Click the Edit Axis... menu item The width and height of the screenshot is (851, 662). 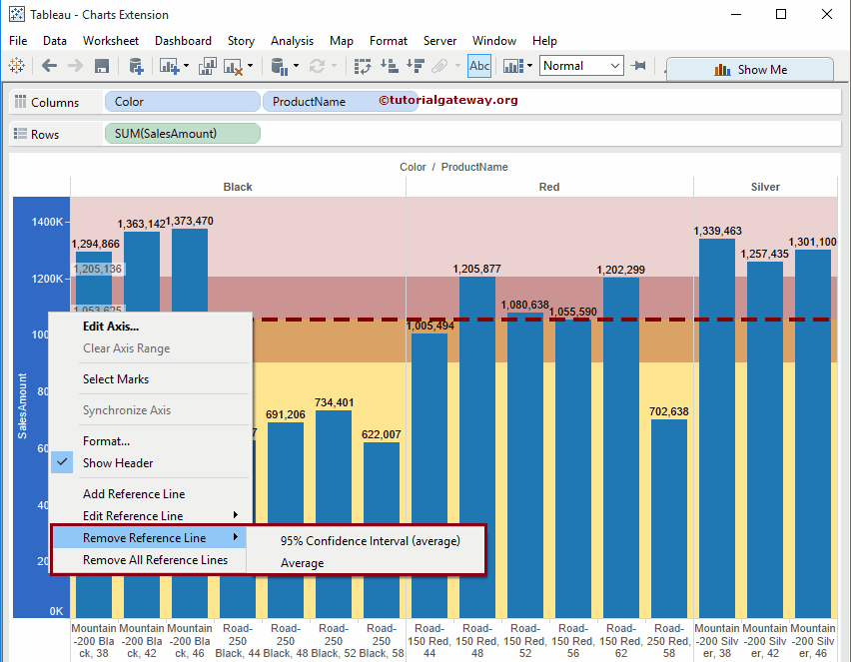(111, 326)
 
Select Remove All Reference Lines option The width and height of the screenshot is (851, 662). (155, 560)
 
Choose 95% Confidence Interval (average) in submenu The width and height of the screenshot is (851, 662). (370, 540)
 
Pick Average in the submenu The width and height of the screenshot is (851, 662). (302, 563)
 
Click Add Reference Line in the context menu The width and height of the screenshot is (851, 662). (134, 494)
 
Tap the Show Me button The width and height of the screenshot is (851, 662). (750, 70)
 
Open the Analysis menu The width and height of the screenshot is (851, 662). (292, 41)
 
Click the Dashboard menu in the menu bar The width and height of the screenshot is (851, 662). (183, 41)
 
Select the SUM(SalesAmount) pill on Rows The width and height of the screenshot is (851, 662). (181, 134)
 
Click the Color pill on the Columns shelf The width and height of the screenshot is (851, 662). (181, 102)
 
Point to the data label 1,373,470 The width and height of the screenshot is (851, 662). (190, 221)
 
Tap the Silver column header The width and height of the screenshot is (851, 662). (765, 187)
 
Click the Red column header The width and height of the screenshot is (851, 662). (549, 187)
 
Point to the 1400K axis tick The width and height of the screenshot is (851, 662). (47, 223)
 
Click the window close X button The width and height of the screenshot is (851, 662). (826, 14)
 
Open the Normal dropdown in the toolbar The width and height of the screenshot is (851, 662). (581, 66)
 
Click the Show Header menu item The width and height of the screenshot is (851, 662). (118, 463)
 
